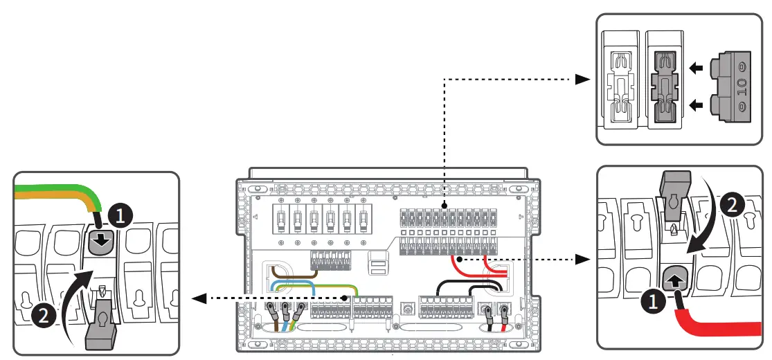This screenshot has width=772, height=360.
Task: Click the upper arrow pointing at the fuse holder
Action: pos(696,68)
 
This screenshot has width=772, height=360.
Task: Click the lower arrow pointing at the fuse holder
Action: pos(696,105)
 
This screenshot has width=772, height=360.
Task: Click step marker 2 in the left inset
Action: pos(42,317)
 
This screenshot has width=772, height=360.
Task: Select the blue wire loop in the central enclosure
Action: pos(291,285)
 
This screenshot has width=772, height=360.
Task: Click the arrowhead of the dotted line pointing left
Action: pos(199,298)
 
